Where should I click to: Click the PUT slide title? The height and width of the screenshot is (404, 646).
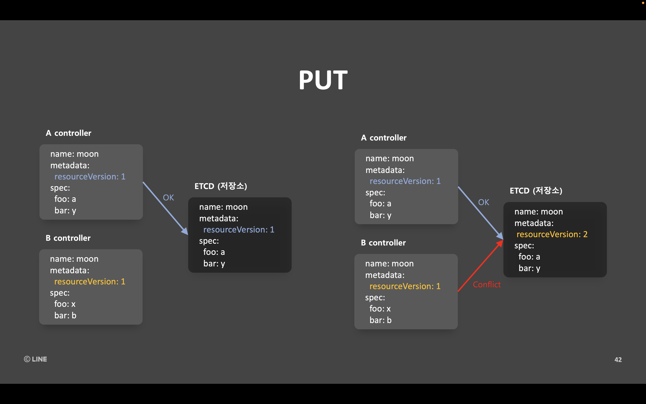click(323, 80)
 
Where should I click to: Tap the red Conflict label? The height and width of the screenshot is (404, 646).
click(487, 285)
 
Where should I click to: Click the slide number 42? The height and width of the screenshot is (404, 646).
click(618, 360)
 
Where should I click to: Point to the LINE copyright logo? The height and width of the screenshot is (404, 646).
click(36, 359)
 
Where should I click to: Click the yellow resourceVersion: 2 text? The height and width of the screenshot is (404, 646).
click(552, 234)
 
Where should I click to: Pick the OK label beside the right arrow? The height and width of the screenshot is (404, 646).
click(483, 202)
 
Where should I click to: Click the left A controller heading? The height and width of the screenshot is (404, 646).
click(69, 133)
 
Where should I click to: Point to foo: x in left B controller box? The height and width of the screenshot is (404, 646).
click(65, 304)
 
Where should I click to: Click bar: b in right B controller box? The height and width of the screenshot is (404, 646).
click(380, 320)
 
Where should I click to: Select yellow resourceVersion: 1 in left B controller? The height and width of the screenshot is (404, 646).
click(90, 282)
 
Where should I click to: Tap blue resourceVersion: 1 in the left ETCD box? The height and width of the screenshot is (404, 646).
click(239, 230)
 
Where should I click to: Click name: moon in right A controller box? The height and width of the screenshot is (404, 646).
click(390, 159)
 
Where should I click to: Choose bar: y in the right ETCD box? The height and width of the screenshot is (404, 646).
click(529, 268)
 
